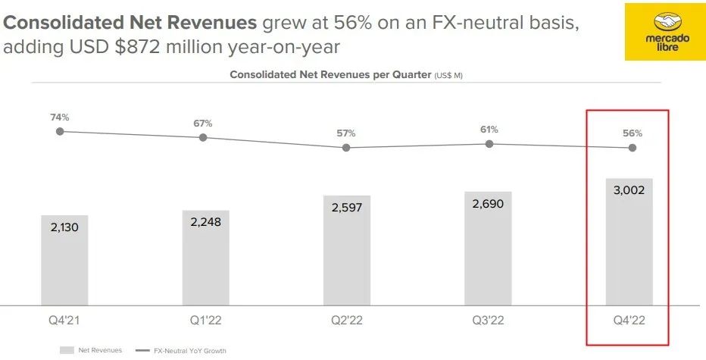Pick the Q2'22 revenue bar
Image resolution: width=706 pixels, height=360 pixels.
pos(347,250)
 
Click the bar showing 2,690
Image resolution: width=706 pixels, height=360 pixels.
pos(489,248)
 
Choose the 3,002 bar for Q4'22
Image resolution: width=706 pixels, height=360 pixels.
pos(629,242)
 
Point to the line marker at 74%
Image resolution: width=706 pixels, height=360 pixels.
pos(61,131)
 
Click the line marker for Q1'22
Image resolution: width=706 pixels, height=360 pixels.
pos(203,137)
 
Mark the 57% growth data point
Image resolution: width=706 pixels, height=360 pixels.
pos(346,148)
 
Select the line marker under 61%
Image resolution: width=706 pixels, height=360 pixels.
pos(489,143)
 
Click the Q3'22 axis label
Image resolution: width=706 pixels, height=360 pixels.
pos(489,321)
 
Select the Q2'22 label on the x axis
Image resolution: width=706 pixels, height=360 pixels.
pos(347,321)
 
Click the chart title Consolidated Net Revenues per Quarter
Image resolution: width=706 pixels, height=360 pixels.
pos(330,75)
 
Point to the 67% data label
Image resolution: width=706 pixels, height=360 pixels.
pos(203,123)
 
